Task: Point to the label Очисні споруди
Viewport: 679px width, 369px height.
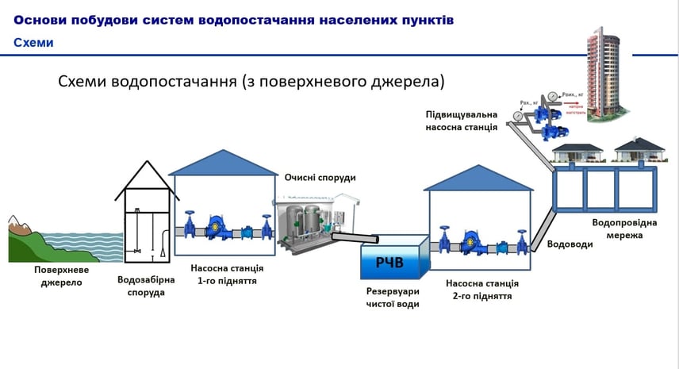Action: pyautogui.click(x=320, y=177)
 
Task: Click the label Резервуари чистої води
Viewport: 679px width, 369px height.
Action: pyautogui.click(x=393, y=298)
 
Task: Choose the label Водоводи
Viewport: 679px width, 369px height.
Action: pyautogui.click(x=570, y=244)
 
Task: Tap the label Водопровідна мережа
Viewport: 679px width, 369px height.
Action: pyautogui.click(x=625, y=229)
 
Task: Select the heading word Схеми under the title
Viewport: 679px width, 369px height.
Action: pyautogui.click(x=33, y=43)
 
